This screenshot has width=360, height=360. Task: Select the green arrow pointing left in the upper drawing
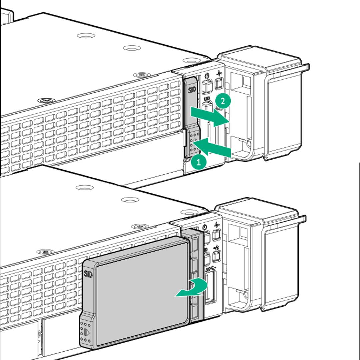[213, 148]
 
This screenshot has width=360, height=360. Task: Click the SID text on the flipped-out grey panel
[88, 274]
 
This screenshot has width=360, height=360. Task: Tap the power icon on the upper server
[207, 76]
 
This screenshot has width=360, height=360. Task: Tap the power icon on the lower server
[205, 227]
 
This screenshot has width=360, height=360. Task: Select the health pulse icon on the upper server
[219, 73]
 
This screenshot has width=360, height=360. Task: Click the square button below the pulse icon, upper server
[219, 82]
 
